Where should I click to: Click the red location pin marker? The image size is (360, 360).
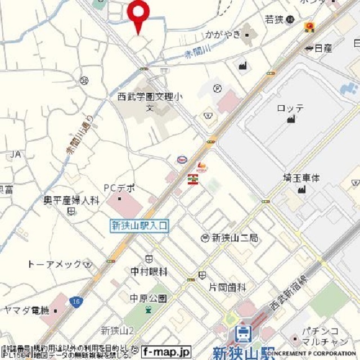[138, 12]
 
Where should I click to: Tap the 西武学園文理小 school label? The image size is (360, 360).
[151, 98]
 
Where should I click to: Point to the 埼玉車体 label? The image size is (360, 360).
[301, 178]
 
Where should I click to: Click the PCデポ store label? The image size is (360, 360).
[119, 188]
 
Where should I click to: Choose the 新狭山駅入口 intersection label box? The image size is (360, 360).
[139, 226]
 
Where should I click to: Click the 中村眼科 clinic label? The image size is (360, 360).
[149, 272]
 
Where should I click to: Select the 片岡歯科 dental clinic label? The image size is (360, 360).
[227, 287]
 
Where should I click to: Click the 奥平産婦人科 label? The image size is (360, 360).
[72, 200]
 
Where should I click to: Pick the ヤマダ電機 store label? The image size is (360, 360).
[26, 310]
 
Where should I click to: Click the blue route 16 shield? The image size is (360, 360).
[76, 302]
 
